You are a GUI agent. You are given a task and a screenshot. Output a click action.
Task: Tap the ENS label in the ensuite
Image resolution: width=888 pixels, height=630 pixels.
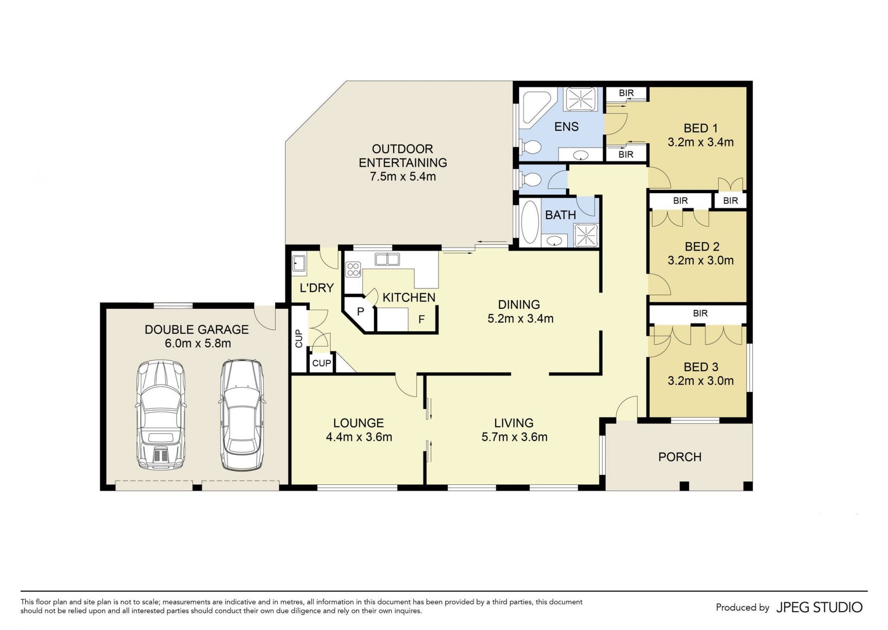click(567, 127)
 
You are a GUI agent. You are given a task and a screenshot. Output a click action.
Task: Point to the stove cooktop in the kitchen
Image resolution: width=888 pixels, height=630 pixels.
click(353, 269)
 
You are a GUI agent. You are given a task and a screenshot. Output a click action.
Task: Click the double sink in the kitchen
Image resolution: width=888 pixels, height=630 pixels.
click(387, 259)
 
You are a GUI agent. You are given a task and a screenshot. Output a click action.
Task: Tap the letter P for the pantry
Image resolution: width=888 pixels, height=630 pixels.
click(360, 311)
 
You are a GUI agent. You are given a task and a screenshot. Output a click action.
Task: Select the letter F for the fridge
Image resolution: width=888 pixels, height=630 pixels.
click(421, 319)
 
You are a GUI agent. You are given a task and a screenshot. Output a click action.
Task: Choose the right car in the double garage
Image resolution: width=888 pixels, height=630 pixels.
click(242, 415)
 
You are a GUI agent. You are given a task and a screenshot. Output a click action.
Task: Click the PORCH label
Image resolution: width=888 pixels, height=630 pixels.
click(680, 457)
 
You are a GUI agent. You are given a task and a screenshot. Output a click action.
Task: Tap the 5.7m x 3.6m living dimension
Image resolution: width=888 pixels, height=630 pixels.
click(514, 437)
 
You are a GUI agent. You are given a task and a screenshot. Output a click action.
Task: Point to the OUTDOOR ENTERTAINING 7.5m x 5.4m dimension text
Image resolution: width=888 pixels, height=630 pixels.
click(403, 177)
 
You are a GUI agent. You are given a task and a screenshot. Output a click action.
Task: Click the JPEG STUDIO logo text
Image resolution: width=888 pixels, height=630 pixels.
click(819, 607)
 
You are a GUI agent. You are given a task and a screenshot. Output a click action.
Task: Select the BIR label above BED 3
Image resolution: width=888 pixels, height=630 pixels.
click(700, 313)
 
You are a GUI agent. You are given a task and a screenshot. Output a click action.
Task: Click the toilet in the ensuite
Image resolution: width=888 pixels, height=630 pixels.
click(531, 147)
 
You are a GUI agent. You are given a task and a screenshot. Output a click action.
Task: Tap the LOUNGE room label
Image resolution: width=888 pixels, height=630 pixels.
click(358, 423)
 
